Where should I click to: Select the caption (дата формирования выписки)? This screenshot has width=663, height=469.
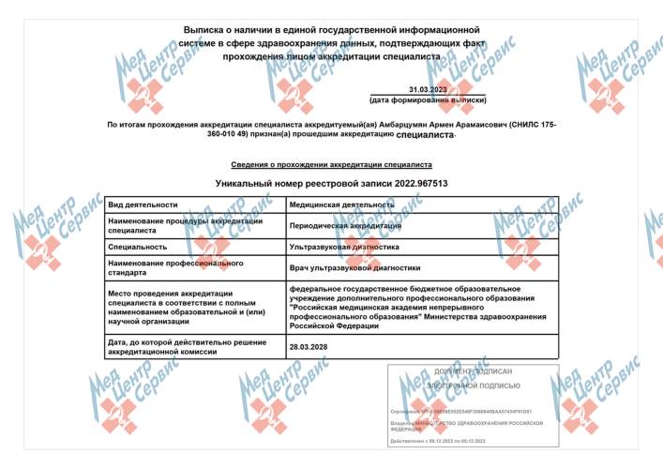[x=428, y=99]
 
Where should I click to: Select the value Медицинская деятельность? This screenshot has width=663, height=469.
[x=341, y=204]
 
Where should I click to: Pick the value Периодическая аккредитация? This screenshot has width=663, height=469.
[x=345, y=225]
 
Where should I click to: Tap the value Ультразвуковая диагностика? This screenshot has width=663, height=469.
[x=344, y=247]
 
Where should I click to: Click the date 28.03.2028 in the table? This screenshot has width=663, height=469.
[x=309, y=346]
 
